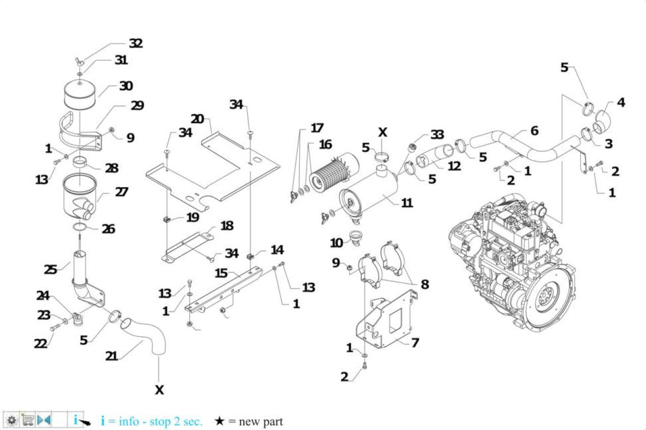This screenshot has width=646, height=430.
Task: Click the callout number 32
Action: click(136, 43)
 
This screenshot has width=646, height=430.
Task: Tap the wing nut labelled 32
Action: click(78, 62)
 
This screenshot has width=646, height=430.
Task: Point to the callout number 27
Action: click(122, 192)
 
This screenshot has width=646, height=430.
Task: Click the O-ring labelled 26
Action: click(80, 227)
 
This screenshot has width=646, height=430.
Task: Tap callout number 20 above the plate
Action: click(197, 119)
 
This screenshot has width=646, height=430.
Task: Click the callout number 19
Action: click(193, 217)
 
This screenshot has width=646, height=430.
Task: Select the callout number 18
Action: click(227, 226)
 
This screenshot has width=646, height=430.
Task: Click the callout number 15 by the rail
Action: click(221, 273)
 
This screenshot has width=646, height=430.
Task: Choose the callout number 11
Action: click(407, 203)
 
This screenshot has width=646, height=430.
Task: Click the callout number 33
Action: click(437, 134)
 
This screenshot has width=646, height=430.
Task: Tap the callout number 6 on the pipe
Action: click(534, 131)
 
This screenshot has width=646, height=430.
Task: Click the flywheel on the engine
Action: click(548, 299)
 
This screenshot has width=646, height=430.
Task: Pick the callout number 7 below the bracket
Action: click(415, 343)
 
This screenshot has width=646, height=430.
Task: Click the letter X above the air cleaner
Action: click(383, 132)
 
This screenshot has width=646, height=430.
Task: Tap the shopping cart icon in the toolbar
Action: click(28, 419)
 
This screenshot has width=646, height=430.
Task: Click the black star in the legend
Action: click(219, 421)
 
